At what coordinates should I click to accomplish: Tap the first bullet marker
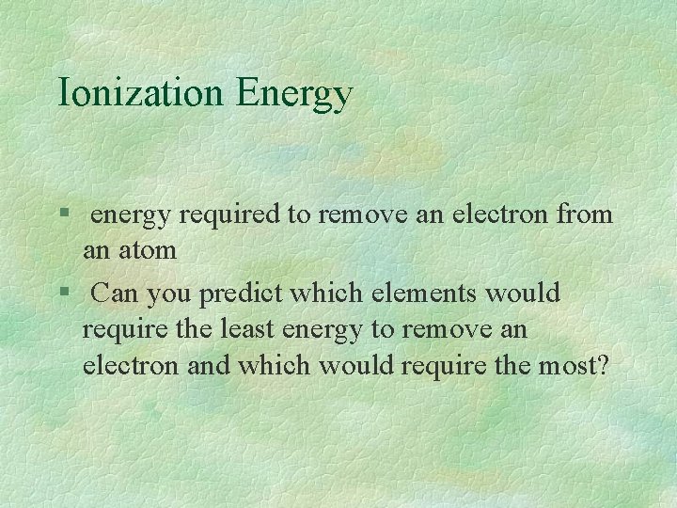62,215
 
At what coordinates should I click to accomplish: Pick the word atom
150,251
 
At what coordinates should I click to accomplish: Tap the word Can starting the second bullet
115,294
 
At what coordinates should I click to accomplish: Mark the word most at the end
573,365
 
